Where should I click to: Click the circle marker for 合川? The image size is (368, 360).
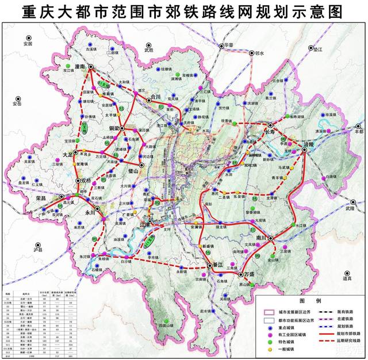click(148, 99)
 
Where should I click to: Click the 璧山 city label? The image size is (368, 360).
click(134, 170)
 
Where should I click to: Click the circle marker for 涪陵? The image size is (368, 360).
click(304, 150)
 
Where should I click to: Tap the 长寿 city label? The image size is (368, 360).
click(272, 132)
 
